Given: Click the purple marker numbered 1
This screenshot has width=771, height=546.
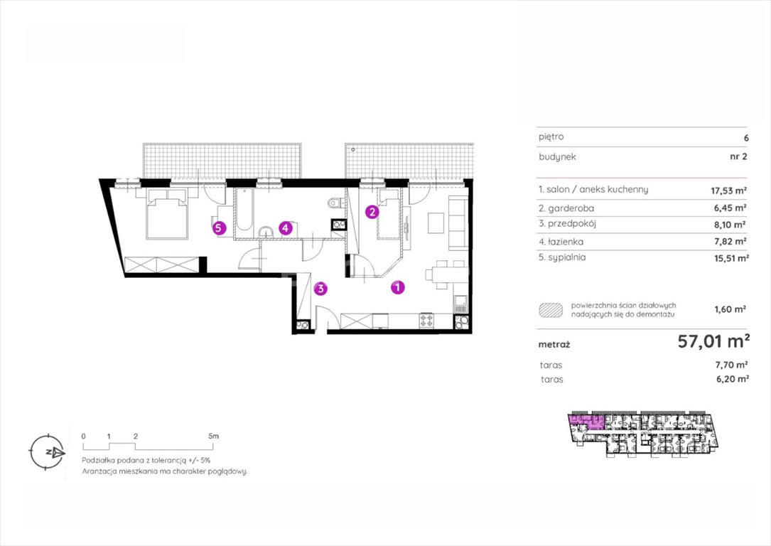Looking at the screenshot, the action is [398, 287].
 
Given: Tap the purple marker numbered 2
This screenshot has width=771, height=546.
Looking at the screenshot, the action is [372, 212].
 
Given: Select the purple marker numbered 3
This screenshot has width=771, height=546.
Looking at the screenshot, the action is [320, 288].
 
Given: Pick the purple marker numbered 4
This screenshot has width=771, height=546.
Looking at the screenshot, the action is [285, 227].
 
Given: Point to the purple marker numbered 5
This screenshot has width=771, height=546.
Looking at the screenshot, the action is [220, 227].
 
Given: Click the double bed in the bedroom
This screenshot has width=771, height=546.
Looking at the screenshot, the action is [167, 213].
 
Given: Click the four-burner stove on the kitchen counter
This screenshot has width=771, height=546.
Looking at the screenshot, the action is [426, 321].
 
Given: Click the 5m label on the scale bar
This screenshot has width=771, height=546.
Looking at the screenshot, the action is [213, 436].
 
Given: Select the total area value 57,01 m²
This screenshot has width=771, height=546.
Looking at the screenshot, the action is [713, 341].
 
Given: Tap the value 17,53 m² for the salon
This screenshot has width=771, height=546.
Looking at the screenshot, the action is [729, 191].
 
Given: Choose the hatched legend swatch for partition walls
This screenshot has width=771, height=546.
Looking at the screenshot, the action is [551, 310].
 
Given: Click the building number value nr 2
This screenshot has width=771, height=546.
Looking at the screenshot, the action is [738, 157].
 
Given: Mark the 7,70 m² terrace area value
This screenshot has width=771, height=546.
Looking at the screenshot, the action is [732, 365].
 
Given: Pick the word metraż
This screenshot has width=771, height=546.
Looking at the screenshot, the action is [554, 345].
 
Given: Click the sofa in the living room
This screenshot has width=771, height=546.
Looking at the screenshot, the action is [458, 223].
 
